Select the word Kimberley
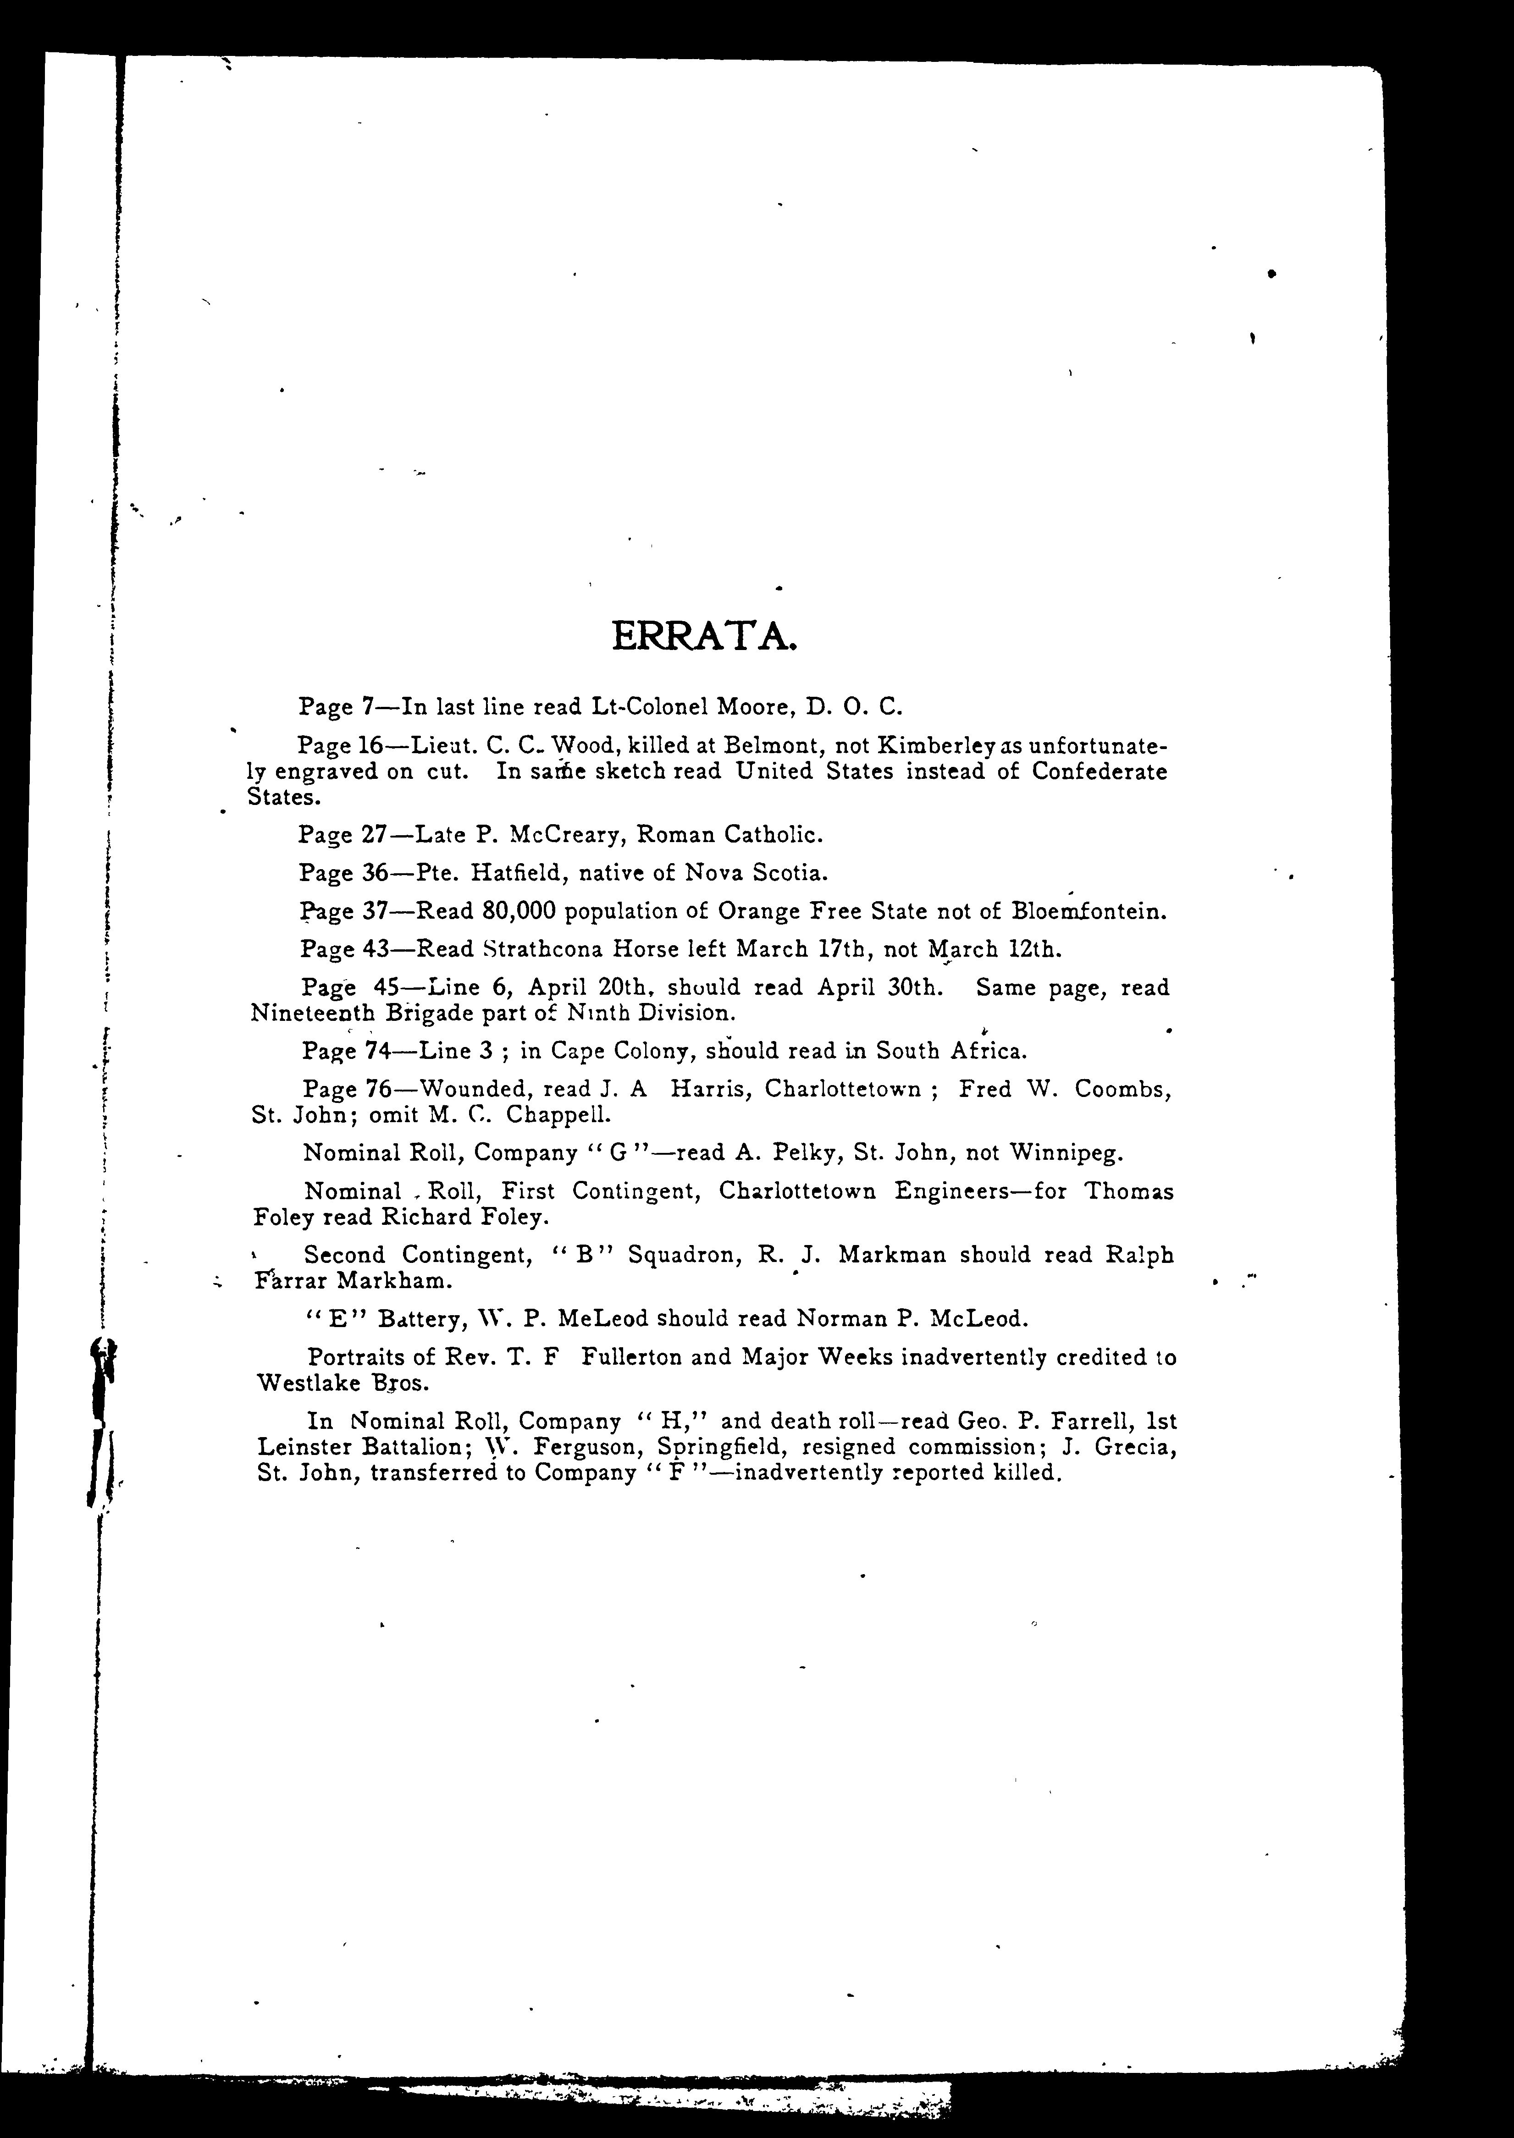click(x=939, y=747)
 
